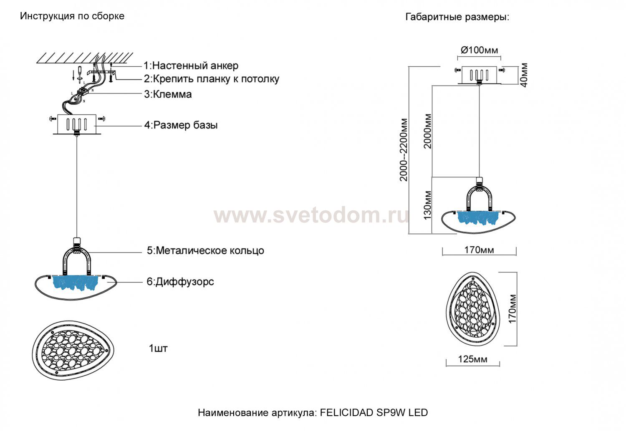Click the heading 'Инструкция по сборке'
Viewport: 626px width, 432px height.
[72, 16]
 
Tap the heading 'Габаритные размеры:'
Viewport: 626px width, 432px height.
[457, 17]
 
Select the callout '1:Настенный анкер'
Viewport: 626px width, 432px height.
[191, 66]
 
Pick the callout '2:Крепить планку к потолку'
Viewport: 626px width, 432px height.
[212, 79]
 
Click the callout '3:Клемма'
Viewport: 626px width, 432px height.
[168, 94]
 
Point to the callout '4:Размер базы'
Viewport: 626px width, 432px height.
[181, 125]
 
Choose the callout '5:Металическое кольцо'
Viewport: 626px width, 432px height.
[205, 250]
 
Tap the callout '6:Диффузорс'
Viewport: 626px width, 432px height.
[180, 282]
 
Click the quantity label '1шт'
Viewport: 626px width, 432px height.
[158, 348]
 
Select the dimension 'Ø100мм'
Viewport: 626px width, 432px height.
[479, 50]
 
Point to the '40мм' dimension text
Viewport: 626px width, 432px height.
[524, 75]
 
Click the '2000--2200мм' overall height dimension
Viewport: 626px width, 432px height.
[404, 149]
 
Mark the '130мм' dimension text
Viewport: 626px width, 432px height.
[427, 205]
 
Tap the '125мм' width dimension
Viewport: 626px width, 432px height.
[472, 359]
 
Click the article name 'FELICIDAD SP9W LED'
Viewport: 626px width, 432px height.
[374, 413]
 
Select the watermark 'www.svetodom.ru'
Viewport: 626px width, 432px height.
[311, 215]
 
